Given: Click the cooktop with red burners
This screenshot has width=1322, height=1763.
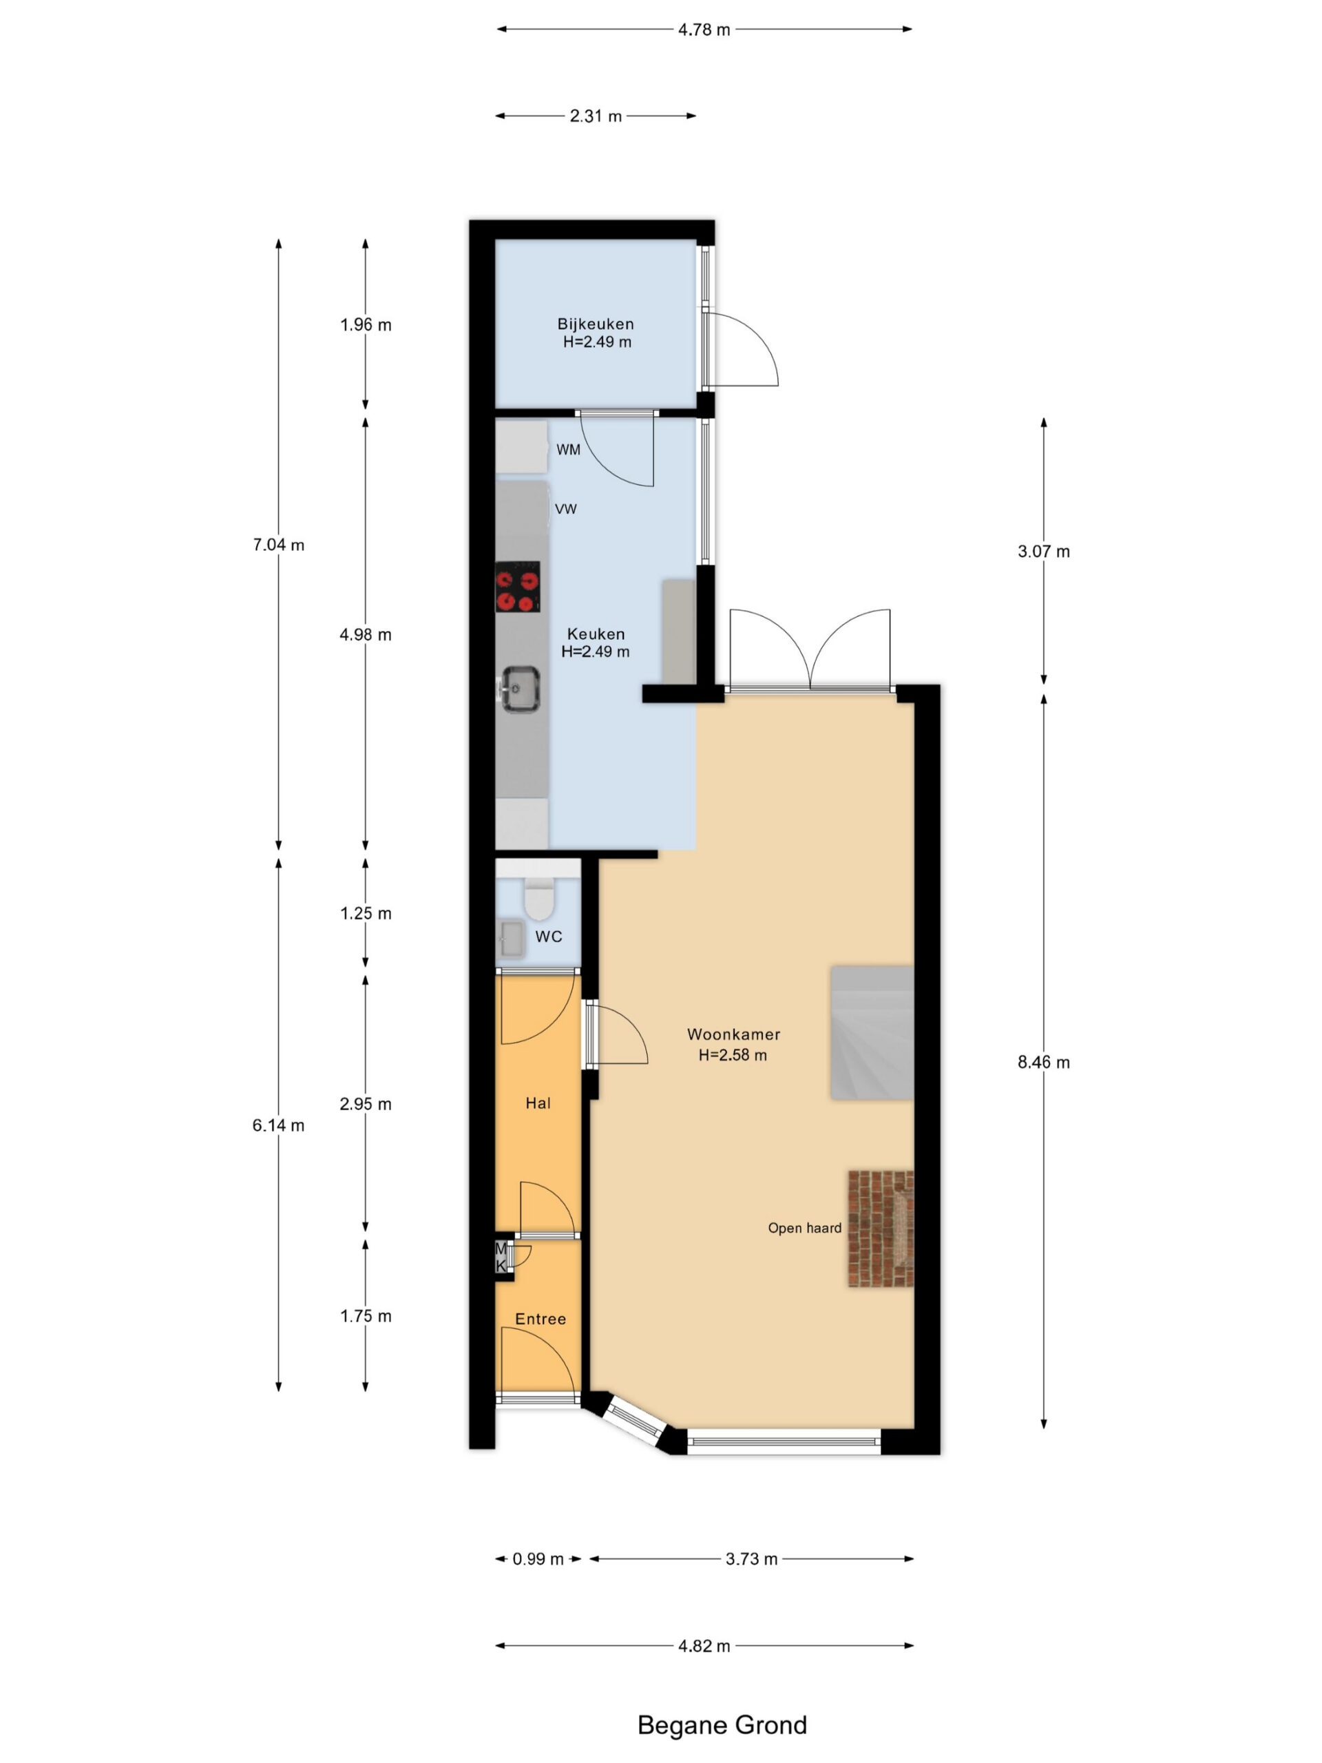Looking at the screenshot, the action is coord(517,587).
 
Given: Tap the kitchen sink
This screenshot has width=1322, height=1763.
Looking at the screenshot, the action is coord(520,688).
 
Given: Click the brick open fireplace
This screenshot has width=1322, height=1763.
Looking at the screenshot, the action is coord(881,1228).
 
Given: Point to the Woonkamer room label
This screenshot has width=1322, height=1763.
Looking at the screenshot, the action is coord(733,1034).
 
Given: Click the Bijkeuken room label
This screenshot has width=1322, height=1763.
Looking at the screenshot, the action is coord(596,324).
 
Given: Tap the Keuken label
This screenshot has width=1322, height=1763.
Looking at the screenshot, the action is coord(596,634).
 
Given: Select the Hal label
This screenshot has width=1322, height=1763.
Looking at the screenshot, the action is coord(538,1103).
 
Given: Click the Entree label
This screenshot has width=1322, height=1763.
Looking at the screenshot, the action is coord(541,1319).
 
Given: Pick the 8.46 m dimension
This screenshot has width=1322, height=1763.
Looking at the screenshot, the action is coord(1043,1063).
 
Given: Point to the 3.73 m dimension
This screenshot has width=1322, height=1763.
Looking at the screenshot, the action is coord(751,1559).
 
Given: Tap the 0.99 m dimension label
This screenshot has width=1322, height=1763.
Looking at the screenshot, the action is coord(538,1559).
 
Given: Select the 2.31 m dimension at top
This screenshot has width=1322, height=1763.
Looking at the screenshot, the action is coord(596,116).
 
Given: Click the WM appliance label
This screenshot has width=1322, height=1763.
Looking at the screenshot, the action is coord(568,450).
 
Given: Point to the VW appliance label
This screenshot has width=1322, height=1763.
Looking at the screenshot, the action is coord(566,508).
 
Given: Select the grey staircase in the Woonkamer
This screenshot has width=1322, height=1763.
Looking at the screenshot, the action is coord(872,1033).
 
